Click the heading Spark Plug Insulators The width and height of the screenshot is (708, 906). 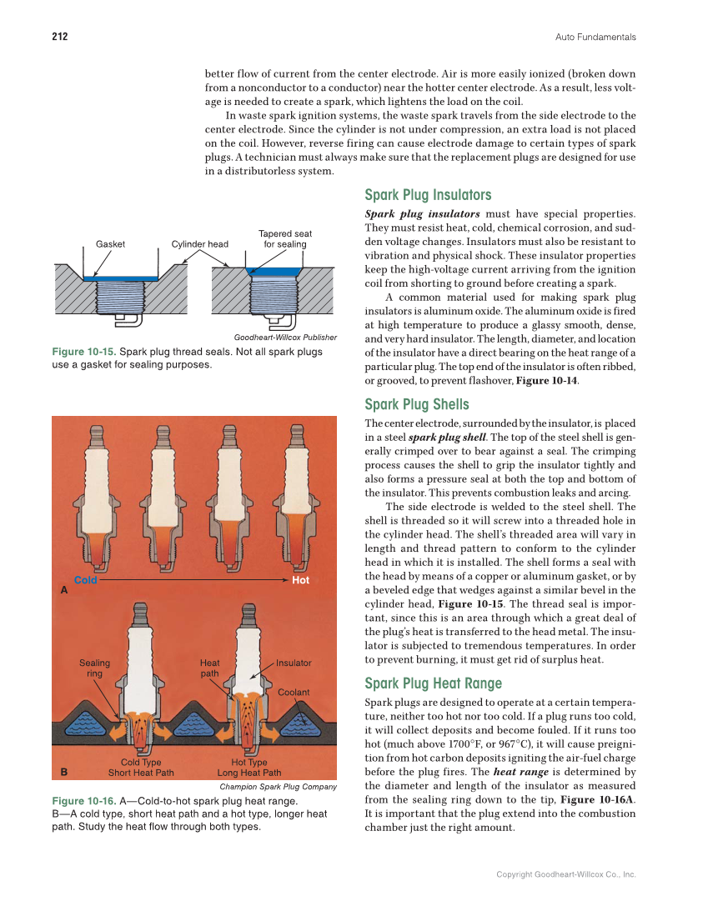428,195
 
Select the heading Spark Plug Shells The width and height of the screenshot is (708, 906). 417,405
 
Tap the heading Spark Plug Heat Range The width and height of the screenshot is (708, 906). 433,683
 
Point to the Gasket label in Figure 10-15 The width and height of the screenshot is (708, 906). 110,244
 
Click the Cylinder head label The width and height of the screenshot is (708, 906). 199,244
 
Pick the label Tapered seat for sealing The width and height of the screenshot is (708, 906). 285,239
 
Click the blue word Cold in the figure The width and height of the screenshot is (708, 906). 86,579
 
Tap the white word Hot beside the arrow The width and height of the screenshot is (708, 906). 301,579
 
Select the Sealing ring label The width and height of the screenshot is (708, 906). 94,668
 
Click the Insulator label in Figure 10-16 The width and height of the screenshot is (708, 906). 294,663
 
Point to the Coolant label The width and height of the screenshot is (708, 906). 294,692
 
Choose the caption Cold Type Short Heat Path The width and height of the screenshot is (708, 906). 141,768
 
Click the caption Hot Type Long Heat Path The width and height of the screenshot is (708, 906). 249,768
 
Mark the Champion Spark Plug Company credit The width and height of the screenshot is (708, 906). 278,786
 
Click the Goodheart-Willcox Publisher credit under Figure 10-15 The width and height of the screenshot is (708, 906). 285,338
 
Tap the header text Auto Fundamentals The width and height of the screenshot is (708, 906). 595,37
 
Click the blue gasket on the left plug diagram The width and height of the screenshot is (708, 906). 121,278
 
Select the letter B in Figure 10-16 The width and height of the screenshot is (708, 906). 64,771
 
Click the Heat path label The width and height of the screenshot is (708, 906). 209,668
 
